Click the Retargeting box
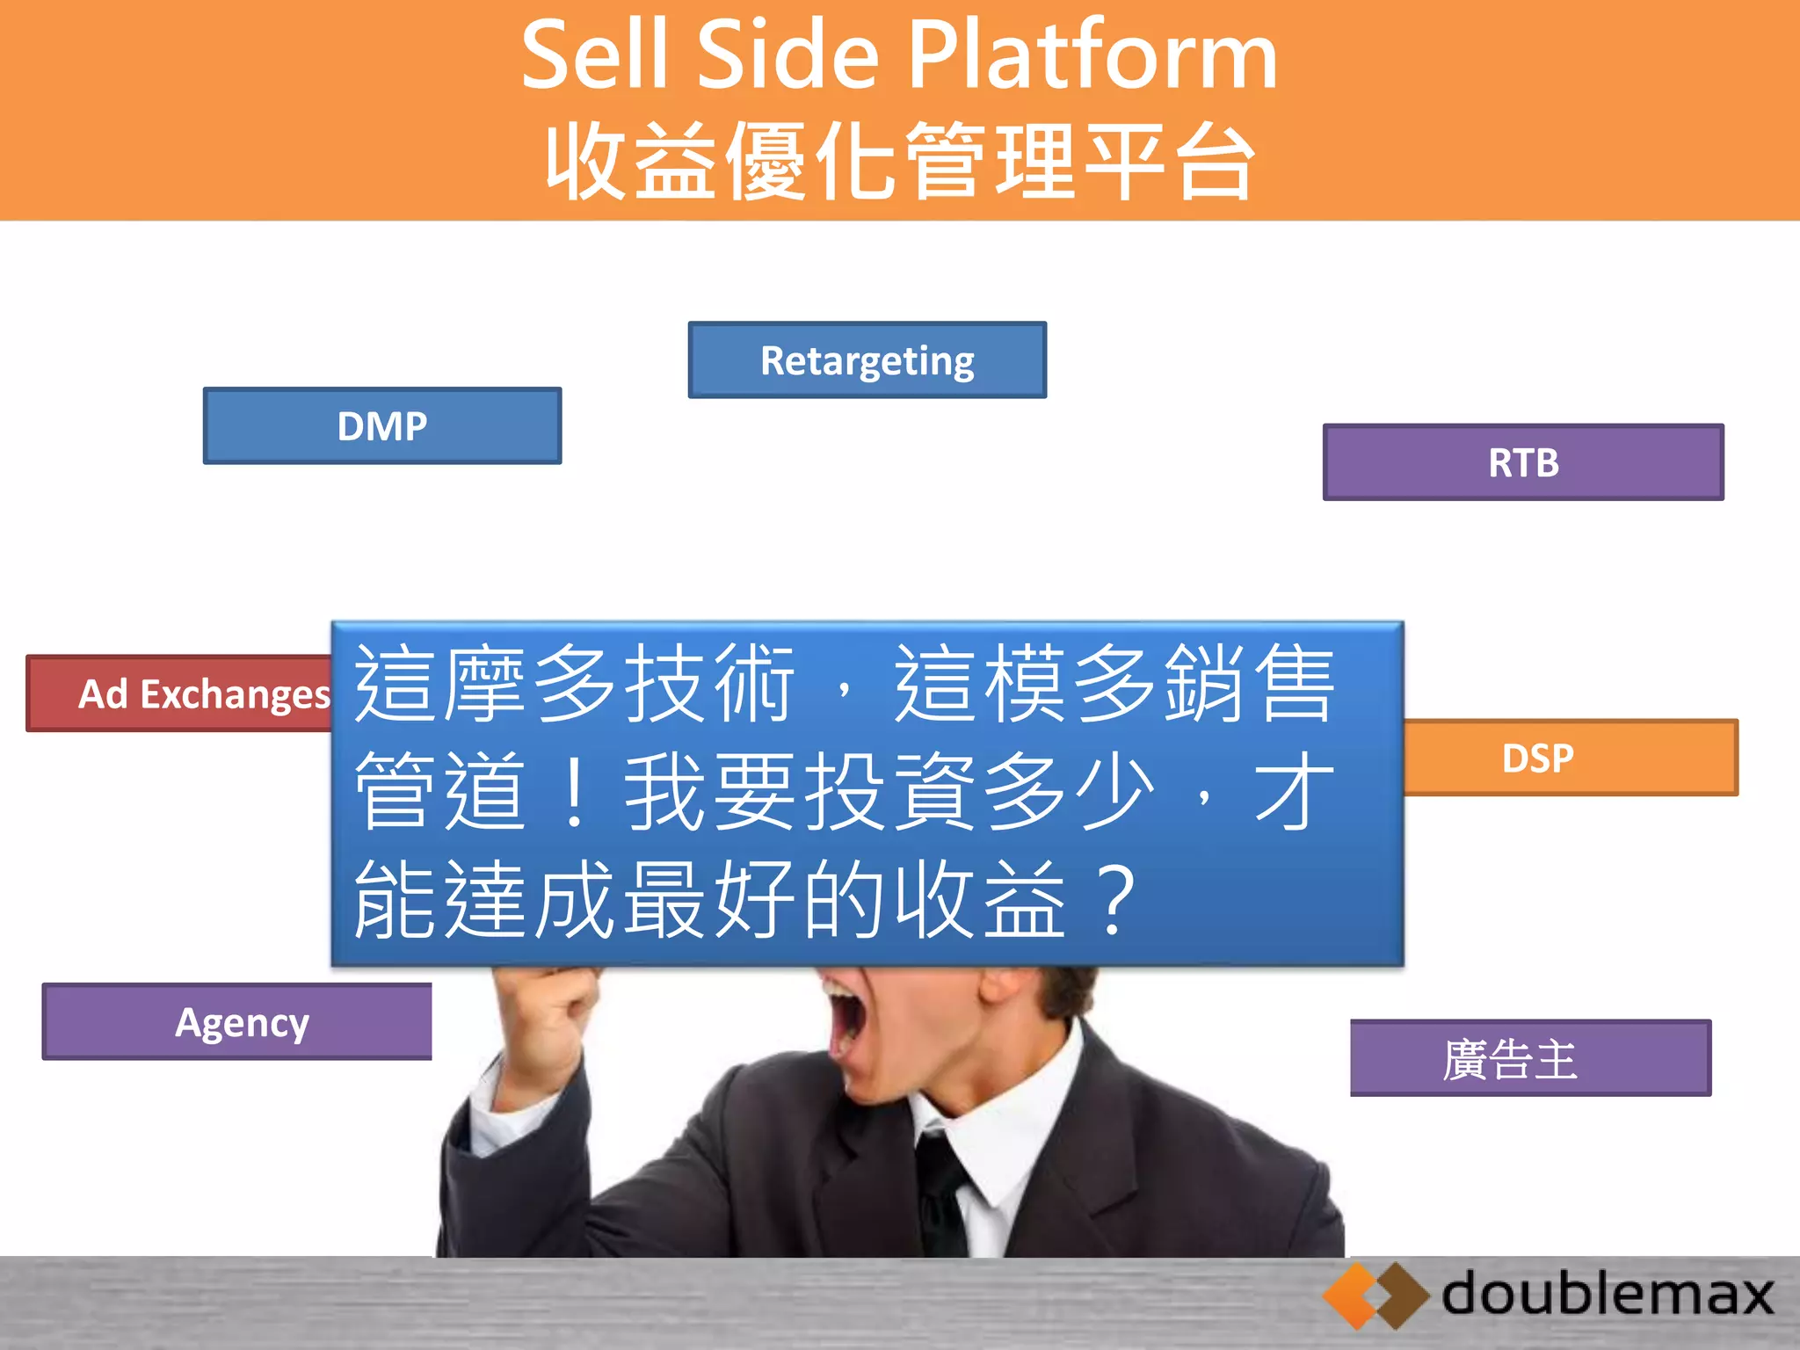(867, 360)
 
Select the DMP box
(382, 426)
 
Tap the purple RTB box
(1523, 462)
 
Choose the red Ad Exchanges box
(180, 694)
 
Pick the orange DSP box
(1570, 758)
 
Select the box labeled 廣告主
(1529, 1058)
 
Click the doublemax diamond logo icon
(1375, 1296)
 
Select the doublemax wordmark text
(1608, 1294)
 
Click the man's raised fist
(550, 1011)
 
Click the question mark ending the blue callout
(1114, 900)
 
